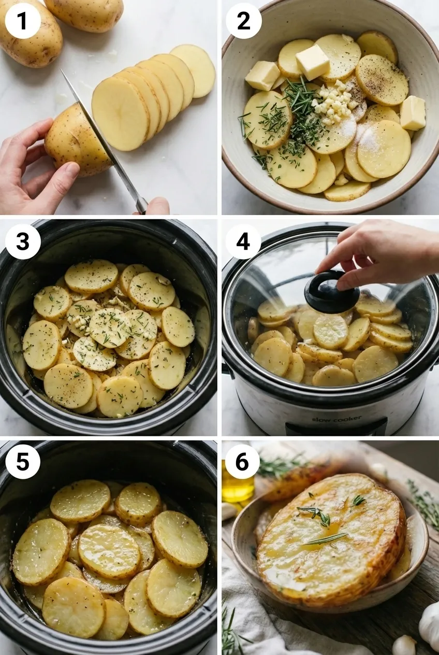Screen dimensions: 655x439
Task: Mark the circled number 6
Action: point(242,461)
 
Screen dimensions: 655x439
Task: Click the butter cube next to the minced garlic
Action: point(312,62)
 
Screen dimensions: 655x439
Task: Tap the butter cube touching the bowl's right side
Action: point(413,112)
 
